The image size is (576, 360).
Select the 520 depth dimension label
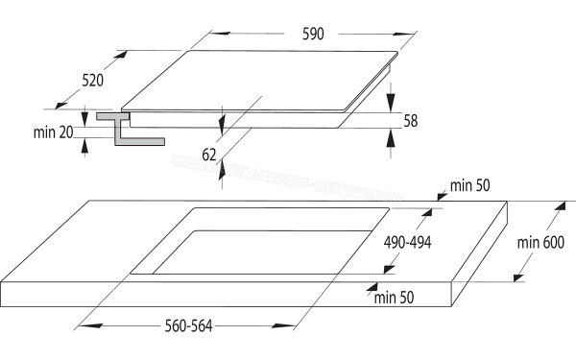pos(92,81)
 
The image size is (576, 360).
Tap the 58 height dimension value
pos(411,121)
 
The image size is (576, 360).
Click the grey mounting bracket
pos(121,129)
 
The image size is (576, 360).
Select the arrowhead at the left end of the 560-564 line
pos(81,326)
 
